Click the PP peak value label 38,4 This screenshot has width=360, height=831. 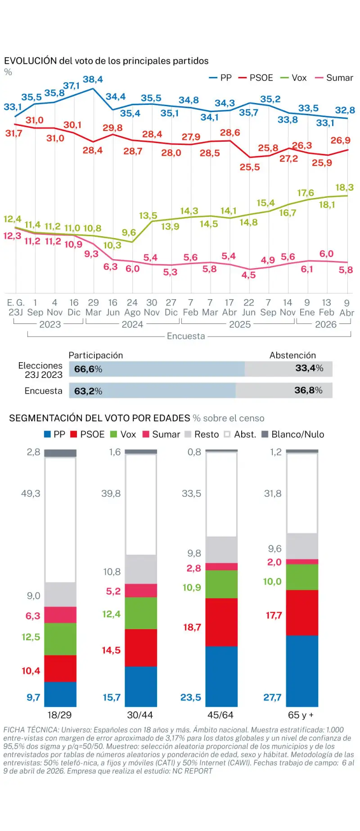[x=93, y=79]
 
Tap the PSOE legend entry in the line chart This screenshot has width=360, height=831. [x=256, y=78]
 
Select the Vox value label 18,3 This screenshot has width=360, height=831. [x=344, y=187]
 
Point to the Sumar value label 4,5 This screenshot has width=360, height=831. [x=248, y=275]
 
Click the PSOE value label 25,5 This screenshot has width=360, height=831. [x=250, y=167]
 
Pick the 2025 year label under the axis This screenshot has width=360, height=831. [x=239, y=324]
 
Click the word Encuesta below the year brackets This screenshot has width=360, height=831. [x=185, y=336]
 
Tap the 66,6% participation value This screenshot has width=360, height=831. [x=88, y=369]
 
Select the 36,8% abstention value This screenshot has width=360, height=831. [x=308, y=390]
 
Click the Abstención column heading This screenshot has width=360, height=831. [x=292, y=355]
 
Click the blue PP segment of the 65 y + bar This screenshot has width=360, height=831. [x=302, y=670]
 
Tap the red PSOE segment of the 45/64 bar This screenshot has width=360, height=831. [x=221, y=622]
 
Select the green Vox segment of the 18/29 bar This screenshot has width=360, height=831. [x=60, y=638]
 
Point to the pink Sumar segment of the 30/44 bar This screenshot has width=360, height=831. [x=141, y=590]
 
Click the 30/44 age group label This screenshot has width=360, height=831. [x=140, y=715]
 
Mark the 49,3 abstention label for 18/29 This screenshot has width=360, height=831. [x=31, y=494]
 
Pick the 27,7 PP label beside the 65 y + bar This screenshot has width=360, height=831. [x=272, y=697]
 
